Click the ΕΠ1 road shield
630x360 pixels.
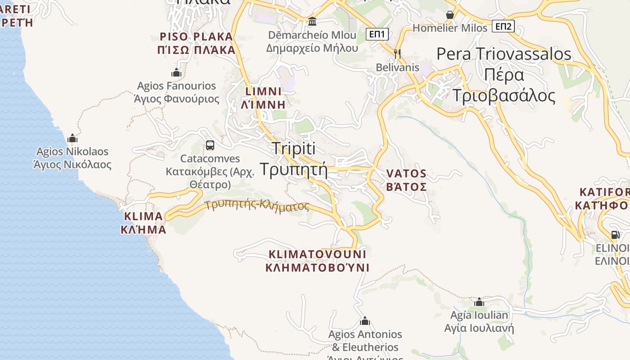coord(377,34)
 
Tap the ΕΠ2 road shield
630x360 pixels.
coord(503,26)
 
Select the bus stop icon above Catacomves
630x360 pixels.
coord(210,145)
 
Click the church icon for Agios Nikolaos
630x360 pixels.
coord(72,138)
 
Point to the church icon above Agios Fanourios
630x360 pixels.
coord(176,72)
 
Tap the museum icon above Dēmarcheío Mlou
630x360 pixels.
coord(312,21)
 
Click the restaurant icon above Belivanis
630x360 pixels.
coord(397,54)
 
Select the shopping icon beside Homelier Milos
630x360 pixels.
coord(450,15)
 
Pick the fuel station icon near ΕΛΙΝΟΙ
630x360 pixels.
coord(615,234)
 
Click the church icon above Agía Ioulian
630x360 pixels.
coord(479,302)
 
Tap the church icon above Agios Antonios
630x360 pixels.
coord(365,321)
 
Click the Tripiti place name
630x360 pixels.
coord(294,148)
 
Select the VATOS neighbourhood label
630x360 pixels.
coord(406,174)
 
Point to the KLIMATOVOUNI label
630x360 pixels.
coord(317,254)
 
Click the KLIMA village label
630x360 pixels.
coord(143,216)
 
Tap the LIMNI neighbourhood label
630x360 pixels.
coord(264,91)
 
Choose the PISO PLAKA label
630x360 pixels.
coord(197,37)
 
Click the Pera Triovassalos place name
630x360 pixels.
coord(504,54)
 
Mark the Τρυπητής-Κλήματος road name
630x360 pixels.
coord(257,206)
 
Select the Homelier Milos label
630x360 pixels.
coord(450,28)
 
